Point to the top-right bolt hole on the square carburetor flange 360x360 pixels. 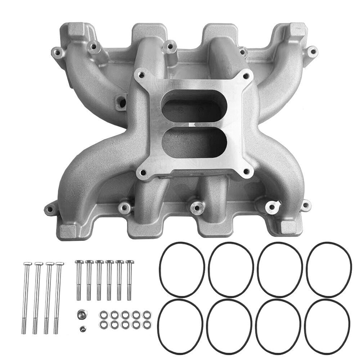[246, 76]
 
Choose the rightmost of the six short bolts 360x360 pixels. [129, 277]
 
